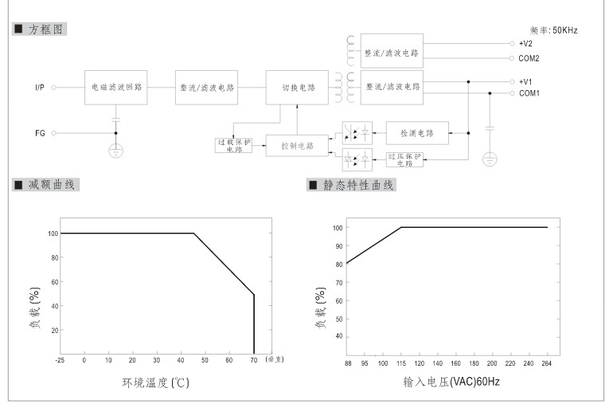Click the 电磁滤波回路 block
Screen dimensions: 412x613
pyautogui.click(x=118, y=88)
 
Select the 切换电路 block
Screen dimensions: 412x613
pyautogui.click(x=299, y=88)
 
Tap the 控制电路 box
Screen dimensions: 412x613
pyautogui.click(x=298, y=146)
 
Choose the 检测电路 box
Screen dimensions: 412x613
pyautogui.click(x=417, y=132)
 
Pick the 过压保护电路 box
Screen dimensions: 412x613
pyautogui.click(x=404, y=159)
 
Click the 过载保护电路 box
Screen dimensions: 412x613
pyautogui.click(x=234, y=145)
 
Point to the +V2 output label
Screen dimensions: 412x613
pyautogui.click(x=525, y=44)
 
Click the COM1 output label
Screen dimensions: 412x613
pyautogui.click(x=529, y=93)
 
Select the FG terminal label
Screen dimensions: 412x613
pyautogui.click(x=40, y=133)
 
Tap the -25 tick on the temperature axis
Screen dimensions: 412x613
pyautogui.click(x=61, y=361)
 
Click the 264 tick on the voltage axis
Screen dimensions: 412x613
pyautogui.click(x=547, y=363)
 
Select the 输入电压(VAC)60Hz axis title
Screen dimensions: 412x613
pyautogui.click(x=451, y=383)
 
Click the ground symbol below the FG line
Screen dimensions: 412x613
pyautogui.click(x=116, y=150)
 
